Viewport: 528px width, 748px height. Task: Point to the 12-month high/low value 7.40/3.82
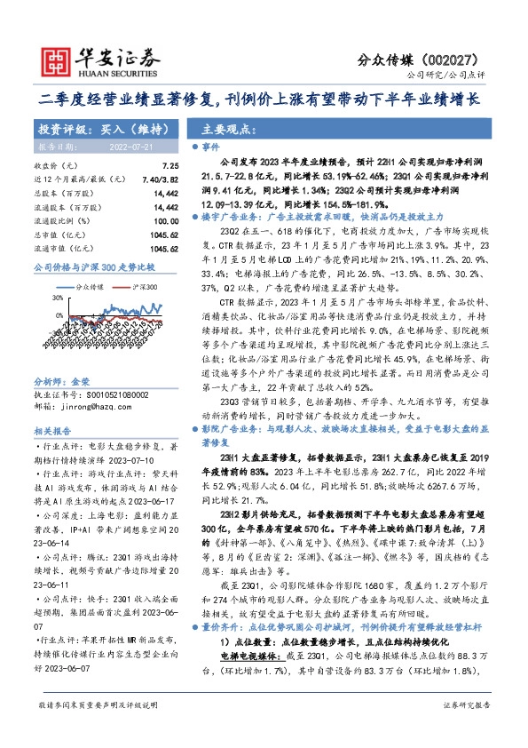click(x=160, y=179)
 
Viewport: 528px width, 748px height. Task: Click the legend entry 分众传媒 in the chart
click(x=90, y=288)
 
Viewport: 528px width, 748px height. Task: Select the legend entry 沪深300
click(x=145, y=288)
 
